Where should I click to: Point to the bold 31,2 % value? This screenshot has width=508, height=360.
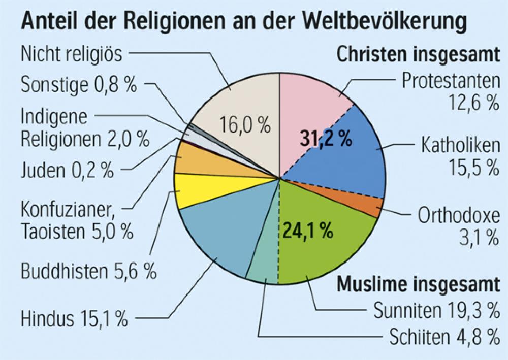(326, 138)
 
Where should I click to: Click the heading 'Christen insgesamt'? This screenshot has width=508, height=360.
(418, 54)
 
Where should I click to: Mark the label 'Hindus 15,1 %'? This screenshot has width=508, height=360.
(74, 319)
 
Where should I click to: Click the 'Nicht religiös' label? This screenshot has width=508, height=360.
(72, 54)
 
